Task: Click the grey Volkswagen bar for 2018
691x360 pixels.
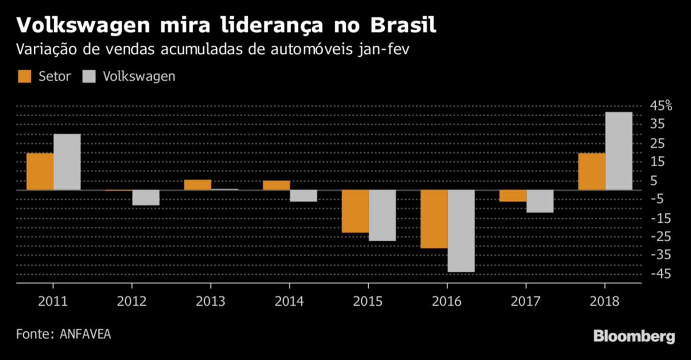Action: point(619,151)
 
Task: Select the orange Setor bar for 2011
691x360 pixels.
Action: point(40,171)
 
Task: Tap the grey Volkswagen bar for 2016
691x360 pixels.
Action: point(461,231)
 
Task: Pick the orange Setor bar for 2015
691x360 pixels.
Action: point(355,211)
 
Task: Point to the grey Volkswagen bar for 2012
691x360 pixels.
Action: point(146,197)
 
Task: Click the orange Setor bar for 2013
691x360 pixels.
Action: point(197,185)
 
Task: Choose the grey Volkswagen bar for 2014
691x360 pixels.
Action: point(303,195)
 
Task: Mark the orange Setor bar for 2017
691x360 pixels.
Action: point(513,195)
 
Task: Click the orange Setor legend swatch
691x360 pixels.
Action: point(24,76)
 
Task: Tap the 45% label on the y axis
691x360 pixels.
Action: point(661,106)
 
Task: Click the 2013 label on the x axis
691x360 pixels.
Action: point(210,301)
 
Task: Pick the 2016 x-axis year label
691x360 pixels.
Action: point(447,301)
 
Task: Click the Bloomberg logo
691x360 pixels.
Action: point(634,337)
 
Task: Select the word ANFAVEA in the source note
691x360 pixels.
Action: point(85,334)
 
